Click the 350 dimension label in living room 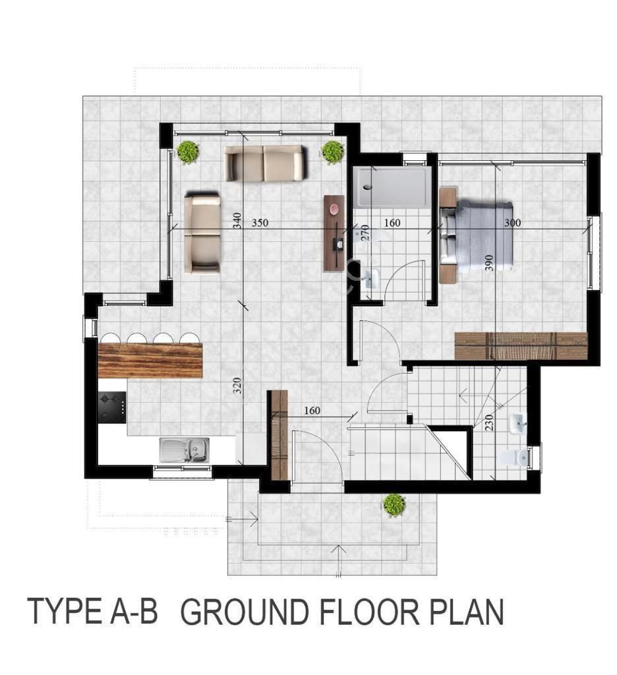pos(260,223)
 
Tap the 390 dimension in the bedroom pos(488,262)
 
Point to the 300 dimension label pos(512,223)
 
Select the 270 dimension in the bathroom pos(365,233)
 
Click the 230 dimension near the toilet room pos(488,423)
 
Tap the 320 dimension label pos(237,386)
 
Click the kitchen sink pos(185,450)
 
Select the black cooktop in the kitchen pos(112,407)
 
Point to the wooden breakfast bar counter pos(150,361)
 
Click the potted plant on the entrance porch pos(394,504)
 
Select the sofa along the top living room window pos(266,163)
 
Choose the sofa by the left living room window pos(202,233)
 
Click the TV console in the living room pos(334,233)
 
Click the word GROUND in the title pos(244,612)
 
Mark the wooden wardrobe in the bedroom pos(521,345)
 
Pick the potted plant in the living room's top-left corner pos(188,152)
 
